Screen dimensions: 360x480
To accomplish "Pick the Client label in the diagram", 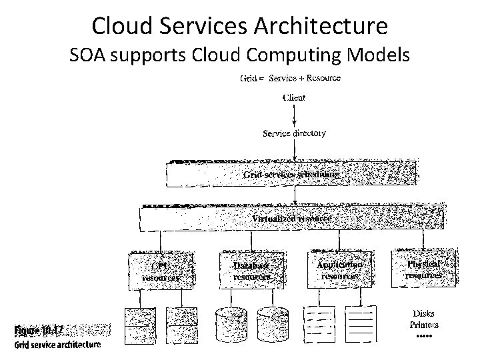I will click(294, 98).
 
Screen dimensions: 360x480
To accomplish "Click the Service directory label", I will click(294, 133).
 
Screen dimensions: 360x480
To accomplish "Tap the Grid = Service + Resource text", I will click(289, 78).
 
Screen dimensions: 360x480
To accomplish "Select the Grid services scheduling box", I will click(292, 175).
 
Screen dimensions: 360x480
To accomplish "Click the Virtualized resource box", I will click(291, 218).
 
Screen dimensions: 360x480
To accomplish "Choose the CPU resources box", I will click(161, 270).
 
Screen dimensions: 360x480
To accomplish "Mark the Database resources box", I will click(251, 269).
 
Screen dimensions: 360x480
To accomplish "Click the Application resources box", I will click(339, 269).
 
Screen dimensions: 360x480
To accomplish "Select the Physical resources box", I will click(424, 269).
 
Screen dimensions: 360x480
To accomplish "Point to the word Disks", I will click(424, 314).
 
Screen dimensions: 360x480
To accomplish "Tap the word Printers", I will click(424, 325).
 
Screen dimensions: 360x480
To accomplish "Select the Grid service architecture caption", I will click(57, 345).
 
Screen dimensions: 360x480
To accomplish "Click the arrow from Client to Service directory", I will click(294, 115).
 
